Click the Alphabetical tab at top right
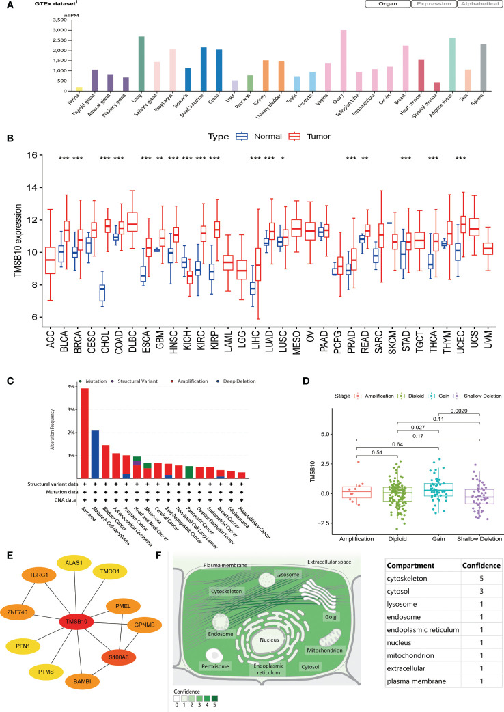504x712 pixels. (478, 4)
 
